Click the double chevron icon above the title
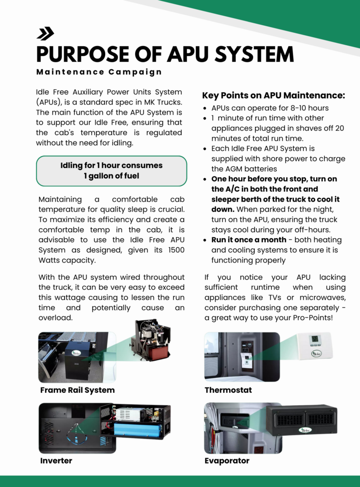click(x=45, y=33)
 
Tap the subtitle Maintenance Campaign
click(x=99, y=72)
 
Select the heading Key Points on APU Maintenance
click(x=273, y=95)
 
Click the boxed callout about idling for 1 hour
click(x=111, y=171)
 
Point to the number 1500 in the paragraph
click(x=173, y=250)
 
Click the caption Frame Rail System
click(x=78, y=390)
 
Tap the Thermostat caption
click(x=228, y=390)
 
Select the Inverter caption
click(x=56, y=461)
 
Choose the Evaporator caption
click(x=227, y=461)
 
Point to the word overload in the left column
click(x=55, y=317)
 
